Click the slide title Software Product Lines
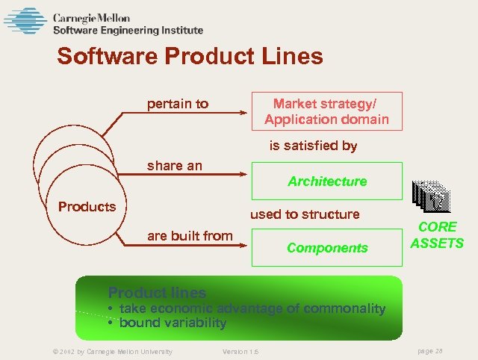point(190,57)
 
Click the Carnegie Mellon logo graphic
point(25,21)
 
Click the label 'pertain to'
point(178,104)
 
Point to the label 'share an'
point(175,166)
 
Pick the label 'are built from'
point(190,236)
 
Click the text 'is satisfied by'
point(313,146)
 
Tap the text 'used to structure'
point(305,214)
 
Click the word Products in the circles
point(87,207)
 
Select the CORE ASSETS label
point(437,235)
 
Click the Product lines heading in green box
point(157,293)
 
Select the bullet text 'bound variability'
point(173,323)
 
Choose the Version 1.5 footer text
point(240,352)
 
